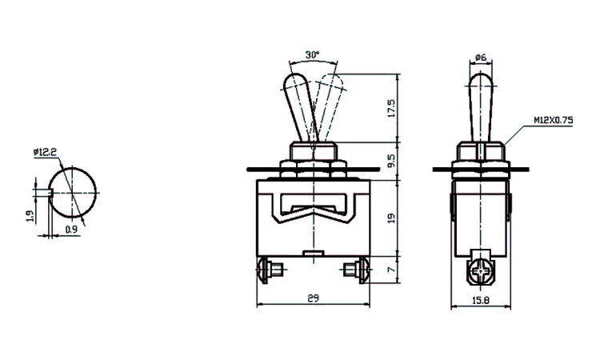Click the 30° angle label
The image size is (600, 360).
click(x=312, y=55)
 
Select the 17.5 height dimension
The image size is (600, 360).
click(x=390, y=109)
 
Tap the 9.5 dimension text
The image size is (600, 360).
click(x=390, y=162)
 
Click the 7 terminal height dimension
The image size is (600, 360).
click(x=390, y=270)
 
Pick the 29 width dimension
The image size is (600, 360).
click(x=313, y=298)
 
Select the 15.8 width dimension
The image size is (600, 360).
click(x=482, y=299)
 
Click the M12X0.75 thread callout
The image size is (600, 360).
click(x=554, y=121)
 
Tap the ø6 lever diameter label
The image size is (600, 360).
click(x=482, y=57)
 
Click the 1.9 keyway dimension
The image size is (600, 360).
click(x=28, y=214)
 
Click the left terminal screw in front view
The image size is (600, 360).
click(x=269, y=270)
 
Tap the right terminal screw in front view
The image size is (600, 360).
click(x=358, y=270)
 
